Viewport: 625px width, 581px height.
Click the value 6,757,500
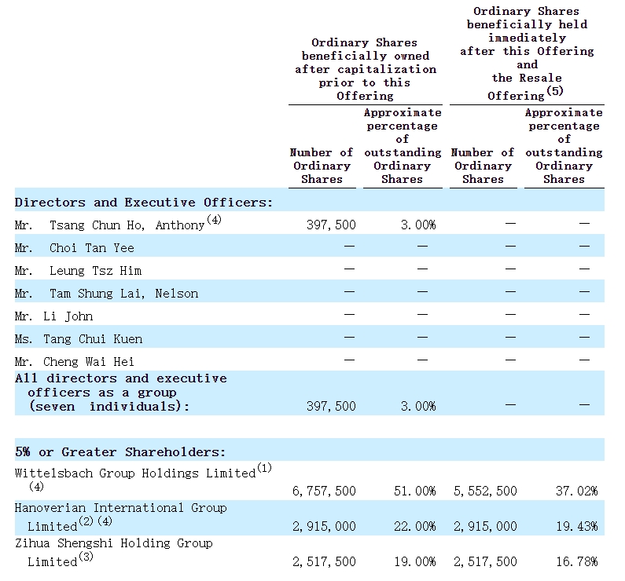pyautogui.click(x=324, y=491)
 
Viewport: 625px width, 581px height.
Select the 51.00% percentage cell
pyautogui.click(x=415, y=491)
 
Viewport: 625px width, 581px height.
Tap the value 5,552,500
pyautogui.click(x=485, y=491)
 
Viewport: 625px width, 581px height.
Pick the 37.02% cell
pyautogui.click(x=577, y=491)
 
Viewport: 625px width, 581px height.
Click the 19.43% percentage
pyautogui.click(x=577, y=527)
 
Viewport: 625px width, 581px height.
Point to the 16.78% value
pyautogui.click(x=577, y=562)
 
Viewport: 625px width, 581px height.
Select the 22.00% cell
pyautogui.click(x=415, y=527)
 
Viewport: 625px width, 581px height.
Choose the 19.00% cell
pyautogui.click(x=415, y=562)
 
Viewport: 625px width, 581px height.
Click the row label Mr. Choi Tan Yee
pyautogui.click(x=74, y=248)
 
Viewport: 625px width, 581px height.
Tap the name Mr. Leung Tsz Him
pyautogui.click(x=78, y=271)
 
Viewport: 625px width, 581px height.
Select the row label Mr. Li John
pyautogui.click(x=53, y=316)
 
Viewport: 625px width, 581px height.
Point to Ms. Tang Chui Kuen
pyautogui.click(x=79, y=339)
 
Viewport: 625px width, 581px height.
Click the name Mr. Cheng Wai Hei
pyautogui.click(x=74, y=362)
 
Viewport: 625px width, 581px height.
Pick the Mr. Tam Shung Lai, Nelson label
pyautogui.click(x=106, y=294)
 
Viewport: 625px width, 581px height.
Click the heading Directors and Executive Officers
pyautogui.click(x=144, y=203)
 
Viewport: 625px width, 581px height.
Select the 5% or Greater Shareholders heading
pyautogui.click(x=120, y=452)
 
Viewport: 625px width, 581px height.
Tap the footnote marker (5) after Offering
pyautogui.click(x=555, y=91)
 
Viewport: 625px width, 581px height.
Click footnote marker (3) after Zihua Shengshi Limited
pyautogui.click(x=86, y=557)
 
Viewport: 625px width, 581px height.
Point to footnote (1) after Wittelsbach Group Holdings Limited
pyautogui.click(x=264, y=468)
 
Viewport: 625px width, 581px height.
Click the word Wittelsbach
pyautogui.click(x=54, y=473)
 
